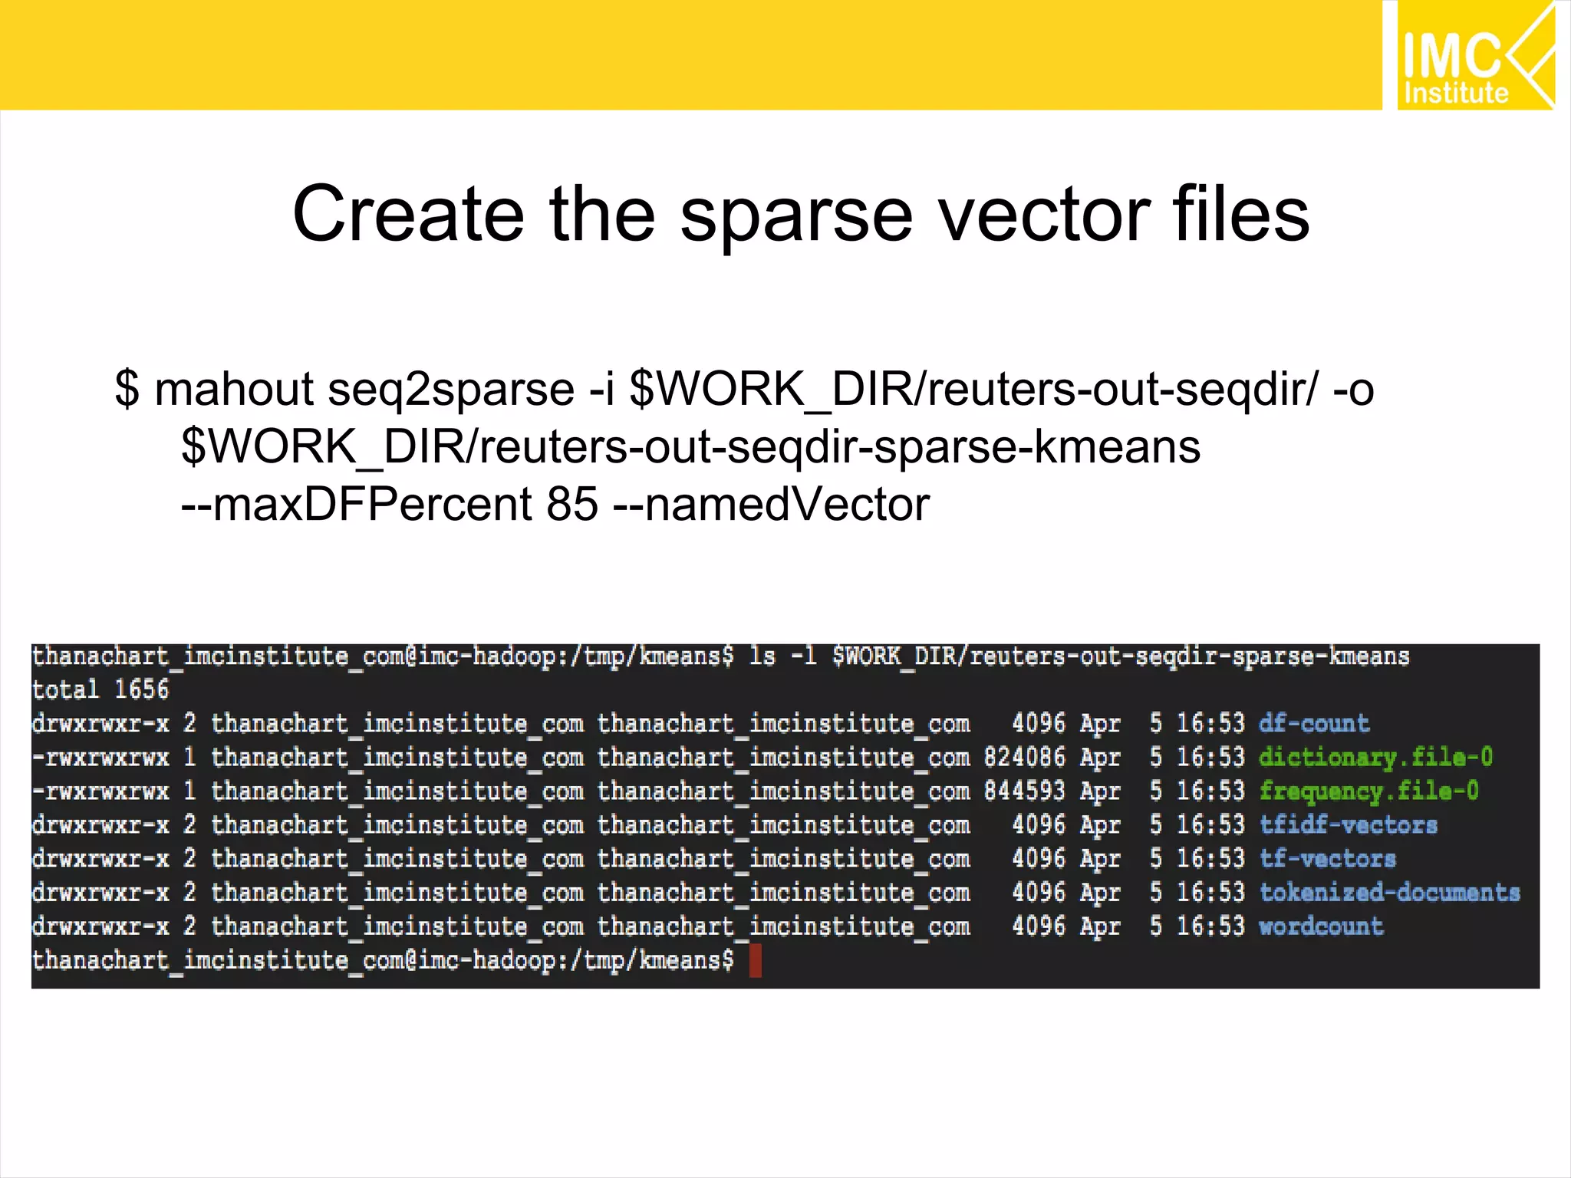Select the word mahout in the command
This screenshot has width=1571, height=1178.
point(234,389)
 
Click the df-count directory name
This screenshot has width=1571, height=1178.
point(1313,723)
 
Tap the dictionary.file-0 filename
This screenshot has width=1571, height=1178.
point(1375,757)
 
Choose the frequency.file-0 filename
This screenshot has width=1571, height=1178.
point(1368,791)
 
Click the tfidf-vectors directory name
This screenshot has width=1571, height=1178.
point(1348,824)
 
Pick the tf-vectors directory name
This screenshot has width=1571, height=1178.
point(1327,858)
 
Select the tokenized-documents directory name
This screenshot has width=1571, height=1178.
point(1389,892)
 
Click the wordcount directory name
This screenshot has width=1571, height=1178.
point(1320,926)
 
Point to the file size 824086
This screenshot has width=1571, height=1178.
point(1025,757)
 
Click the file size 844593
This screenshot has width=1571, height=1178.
point(1025,791)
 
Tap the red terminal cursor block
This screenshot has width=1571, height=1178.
point(755,960)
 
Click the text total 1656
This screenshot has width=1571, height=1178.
point(100,689)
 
